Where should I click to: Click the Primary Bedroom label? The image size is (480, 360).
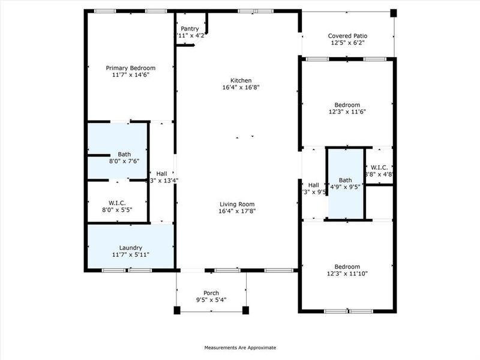tap(131, 68)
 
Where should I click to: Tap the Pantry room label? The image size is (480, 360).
tap(190, 28)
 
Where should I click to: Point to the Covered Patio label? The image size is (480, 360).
tap(347, 35)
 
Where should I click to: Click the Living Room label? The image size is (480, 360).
tap(236, 204)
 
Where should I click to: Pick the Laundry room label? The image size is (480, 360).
tap(130, 247)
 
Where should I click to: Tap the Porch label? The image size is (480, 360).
tap(211, 292)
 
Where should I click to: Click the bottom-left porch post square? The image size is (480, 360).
tap(177, 310)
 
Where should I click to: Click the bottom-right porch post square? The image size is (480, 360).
tap(245, 310)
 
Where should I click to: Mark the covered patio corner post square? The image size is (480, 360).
tap(394, 13)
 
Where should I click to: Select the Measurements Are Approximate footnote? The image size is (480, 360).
tap(240, 347)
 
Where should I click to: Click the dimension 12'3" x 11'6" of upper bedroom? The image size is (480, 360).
tap(347, 112)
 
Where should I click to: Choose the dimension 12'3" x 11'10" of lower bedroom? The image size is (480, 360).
tap(347, 274)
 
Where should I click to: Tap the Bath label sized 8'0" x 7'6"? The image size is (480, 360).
tap(124, 154)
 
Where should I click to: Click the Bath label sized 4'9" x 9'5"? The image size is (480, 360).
tap(345, 180)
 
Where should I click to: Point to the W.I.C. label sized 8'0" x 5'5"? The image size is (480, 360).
tap(118, 203)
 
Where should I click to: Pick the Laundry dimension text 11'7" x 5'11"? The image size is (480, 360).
tap(130, 255)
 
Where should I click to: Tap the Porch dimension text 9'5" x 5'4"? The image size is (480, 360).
tap(211, 300)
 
